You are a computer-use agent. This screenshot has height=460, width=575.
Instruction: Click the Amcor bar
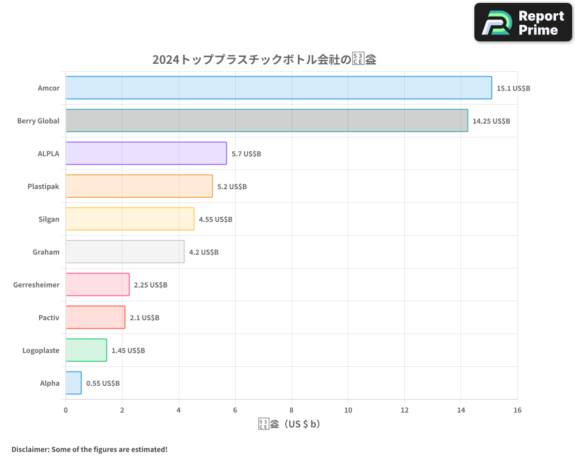[278, 88]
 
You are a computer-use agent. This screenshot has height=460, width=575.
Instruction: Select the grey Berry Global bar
[266, 121]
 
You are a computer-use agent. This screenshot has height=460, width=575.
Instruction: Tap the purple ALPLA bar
[146, 154]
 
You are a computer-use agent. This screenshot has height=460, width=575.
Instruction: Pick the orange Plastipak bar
[139, 186]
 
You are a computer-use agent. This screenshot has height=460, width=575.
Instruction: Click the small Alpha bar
[74, 383]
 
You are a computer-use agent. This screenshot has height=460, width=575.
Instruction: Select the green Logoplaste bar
[86, 350]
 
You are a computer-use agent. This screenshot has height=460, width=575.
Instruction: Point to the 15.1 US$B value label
[513, 89]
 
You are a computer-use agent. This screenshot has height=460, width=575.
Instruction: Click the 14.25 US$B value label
[491, 121]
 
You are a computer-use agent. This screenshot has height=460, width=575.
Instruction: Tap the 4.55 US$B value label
[215, 220]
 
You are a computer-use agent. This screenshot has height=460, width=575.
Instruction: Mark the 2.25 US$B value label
[151, 285]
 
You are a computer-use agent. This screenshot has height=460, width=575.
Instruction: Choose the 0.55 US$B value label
[103, 384]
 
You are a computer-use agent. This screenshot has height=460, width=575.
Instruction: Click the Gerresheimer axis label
[36, 285]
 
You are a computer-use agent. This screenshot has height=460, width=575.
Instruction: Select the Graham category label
[46, 252]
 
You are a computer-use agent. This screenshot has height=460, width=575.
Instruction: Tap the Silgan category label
[48, 219]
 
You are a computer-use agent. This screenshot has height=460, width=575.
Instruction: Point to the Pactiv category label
[49, 317]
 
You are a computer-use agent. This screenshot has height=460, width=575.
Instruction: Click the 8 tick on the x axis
[292, 410]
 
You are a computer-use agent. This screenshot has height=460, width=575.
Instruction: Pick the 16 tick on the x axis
[517, 410]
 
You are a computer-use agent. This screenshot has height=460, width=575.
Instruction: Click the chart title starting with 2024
[264, 59]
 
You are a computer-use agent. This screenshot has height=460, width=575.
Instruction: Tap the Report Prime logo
[523, 22]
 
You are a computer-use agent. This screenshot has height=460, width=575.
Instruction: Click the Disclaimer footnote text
[89, 449]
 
